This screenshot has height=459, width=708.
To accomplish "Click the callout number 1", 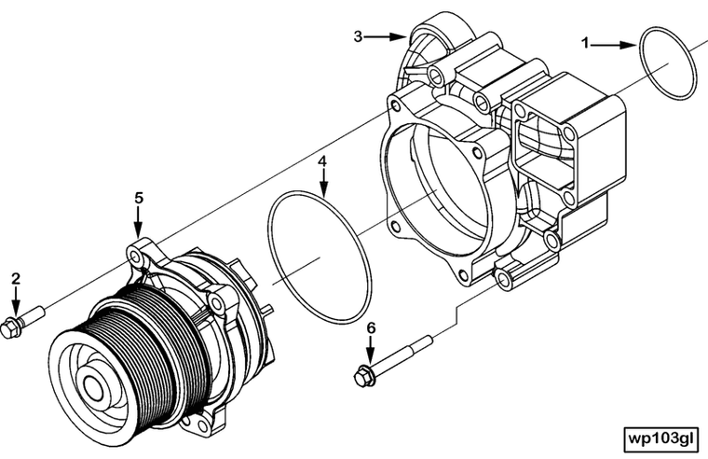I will tap(586, 42).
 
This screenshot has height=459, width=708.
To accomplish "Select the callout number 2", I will tap(16, 278).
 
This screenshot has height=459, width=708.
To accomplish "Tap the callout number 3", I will tap(358, 36).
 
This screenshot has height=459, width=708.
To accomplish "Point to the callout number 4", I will tap(322, 160).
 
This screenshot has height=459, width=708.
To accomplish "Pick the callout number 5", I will tap(138, 197).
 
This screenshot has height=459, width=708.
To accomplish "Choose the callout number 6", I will tap(370, 328).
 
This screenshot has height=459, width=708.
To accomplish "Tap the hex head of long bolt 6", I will tap(362, 378).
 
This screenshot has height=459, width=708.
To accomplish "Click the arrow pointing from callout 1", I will tap(615, 43).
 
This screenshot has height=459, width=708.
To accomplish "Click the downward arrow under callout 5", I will tap(138, 221).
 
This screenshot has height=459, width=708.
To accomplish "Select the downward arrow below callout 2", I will tap(16, 301).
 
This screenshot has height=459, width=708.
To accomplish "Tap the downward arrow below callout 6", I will tap(370, 352).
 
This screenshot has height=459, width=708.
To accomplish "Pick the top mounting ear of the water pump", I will tap(140, 253).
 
